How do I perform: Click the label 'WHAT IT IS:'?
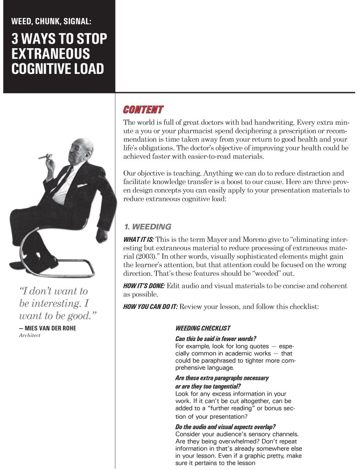click(138, 240)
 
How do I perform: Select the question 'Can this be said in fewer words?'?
click(216, 339)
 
